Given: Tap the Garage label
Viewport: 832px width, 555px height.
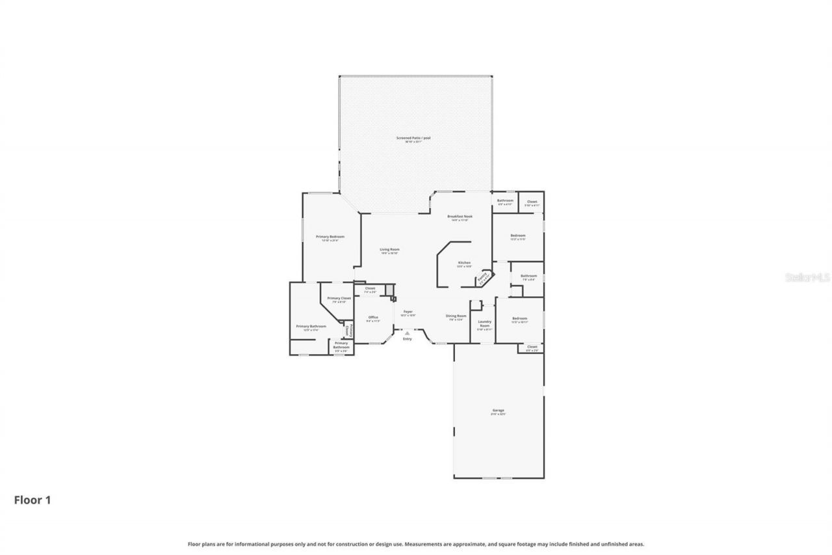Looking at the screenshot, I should pos(499,411).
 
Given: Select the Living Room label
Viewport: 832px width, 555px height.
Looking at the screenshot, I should pos(389,250).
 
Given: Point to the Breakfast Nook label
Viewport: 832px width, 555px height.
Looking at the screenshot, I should pos(460,217).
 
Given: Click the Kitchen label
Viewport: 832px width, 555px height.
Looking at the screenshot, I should pos(464,264).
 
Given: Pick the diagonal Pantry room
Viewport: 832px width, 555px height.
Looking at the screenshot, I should pos(483,278).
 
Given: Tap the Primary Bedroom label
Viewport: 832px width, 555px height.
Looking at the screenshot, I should pos(330,237).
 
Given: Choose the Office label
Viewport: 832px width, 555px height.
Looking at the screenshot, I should pos(373,318).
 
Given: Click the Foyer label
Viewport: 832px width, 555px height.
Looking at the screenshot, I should pos(408,312).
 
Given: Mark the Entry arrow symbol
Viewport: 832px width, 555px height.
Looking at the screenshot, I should pos(408,332).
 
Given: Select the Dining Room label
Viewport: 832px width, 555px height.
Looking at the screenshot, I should pos(456,317).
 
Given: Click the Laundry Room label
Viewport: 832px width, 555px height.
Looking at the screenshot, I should pos(484,324).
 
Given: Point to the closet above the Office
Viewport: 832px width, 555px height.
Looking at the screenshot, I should pos(370,290).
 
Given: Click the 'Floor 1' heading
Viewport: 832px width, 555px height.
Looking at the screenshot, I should pos(32,500).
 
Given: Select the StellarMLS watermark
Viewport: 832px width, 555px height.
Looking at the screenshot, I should pos(807,277).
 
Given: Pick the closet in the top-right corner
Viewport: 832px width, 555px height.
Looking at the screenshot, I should pos(532,202).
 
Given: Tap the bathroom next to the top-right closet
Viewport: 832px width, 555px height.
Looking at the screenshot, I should pos(505,202).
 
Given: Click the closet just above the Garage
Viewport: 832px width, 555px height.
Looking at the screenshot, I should pos(532,348).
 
